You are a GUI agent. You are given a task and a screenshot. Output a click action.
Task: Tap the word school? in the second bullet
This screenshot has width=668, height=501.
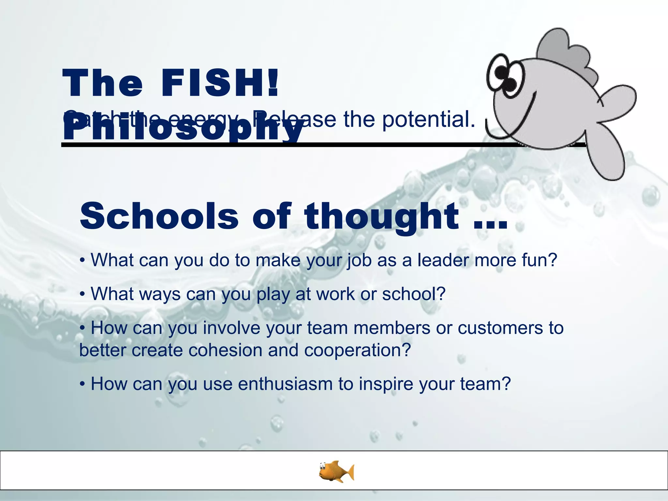[414, 294]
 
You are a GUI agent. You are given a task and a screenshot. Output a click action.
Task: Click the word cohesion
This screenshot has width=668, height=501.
[225, 351]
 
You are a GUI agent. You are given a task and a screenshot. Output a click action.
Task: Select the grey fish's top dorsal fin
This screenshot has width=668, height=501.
[568, 52]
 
